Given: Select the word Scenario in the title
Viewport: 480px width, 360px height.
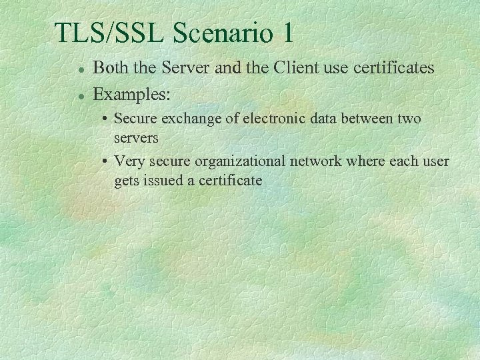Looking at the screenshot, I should [215, 33].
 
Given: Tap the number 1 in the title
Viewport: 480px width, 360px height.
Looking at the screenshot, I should [286, 33].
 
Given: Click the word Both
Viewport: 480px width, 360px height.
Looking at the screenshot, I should [111, 67].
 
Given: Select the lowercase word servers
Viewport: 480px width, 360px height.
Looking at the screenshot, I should [136, 138].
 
